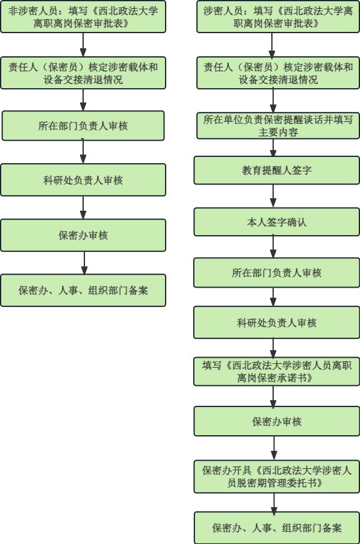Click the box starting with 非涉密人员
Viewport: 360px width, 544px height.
pos(83,17)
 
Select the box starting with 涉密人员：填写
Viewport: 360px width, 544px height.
pos(278,17)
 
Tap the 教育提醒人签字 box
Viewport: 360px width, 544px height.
pos(277,170)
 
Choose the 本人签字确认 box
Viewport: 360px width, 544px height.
pos(277,222)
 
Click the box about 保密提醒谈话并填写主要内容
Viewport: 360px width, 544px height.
pos(278,126)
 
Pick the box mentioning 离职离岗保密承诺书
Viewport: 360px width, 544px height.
pos(277,371)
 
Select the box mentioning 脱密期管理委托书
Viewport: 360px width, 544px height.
pos(277,476)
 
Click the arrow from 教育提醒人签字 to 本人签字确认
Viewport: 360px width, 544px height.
pos(273,196)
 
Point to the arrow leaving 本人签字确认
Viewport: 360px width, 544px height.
pos(273,246)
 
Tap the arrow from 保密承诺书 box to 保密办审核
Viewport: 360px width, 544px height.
pos(273,396)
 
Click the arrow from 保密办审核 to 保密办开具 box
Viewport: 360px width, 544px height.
pos(274,448)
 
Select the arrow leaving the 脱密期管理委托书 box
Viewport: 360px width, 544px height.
pos(274,502)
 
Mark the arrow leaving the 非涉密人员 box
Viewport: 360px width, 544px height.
pos(83,45)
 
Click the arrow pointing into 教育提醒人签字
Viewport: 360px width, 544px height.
pos(273,148)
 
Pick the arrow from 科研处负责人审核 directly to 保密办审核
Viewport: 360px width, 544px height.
pos(83,208)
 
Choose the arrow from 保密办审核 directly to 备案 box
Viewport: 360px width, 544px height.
pos(84,263)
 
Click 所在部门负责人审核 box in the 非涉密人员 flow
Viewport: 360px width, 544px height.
pos(83,126)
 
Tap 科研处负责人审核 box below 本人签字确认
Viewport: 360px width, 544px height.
pos(277,322)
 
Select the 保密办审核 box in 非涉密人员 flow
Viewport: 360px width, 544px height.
pos(83,235)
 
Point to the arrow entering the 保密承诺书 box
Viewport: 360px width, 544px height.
pos(273,348)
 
